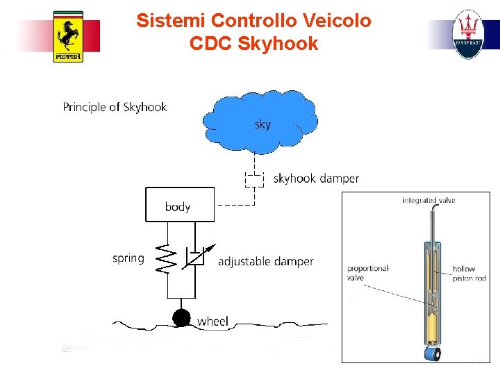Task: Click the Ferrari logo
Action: pyautogui.click(x=68, y=37)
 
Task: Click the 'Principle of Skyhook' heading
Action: pyautogui.click(x=115, y=107)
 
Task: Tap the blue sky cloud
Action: pyautogui.click(x=260, y=122)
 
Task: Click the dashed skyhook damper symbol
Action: pyautogui.click(x=254, y=179)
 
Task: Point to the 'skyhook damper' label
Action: pyautogui.click(x=316, y=178)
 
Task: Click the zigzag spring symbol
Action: pyautogui.click(x=165, y=258)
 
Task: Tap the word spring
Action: pyautogui.click(x=128, y=258)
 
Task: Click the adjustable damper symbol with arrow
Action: pyautogui.click(x=196, y=257)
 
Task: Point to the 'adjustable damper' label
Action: pyautogui.click(x=265, y=261)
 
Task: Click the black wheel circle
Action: pyautogui.click(x=181, y=318)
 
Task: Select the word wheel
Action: pyautogui.click(x=213, y=321)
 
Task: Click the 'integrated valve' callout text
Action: pyautogui.click(x=428, y=201)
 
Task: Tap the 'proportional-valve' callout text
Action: pyautogui.click(x=369, y=273)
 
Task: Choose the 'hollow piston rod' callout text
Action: pyautogui.click(x=469, y=274)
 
